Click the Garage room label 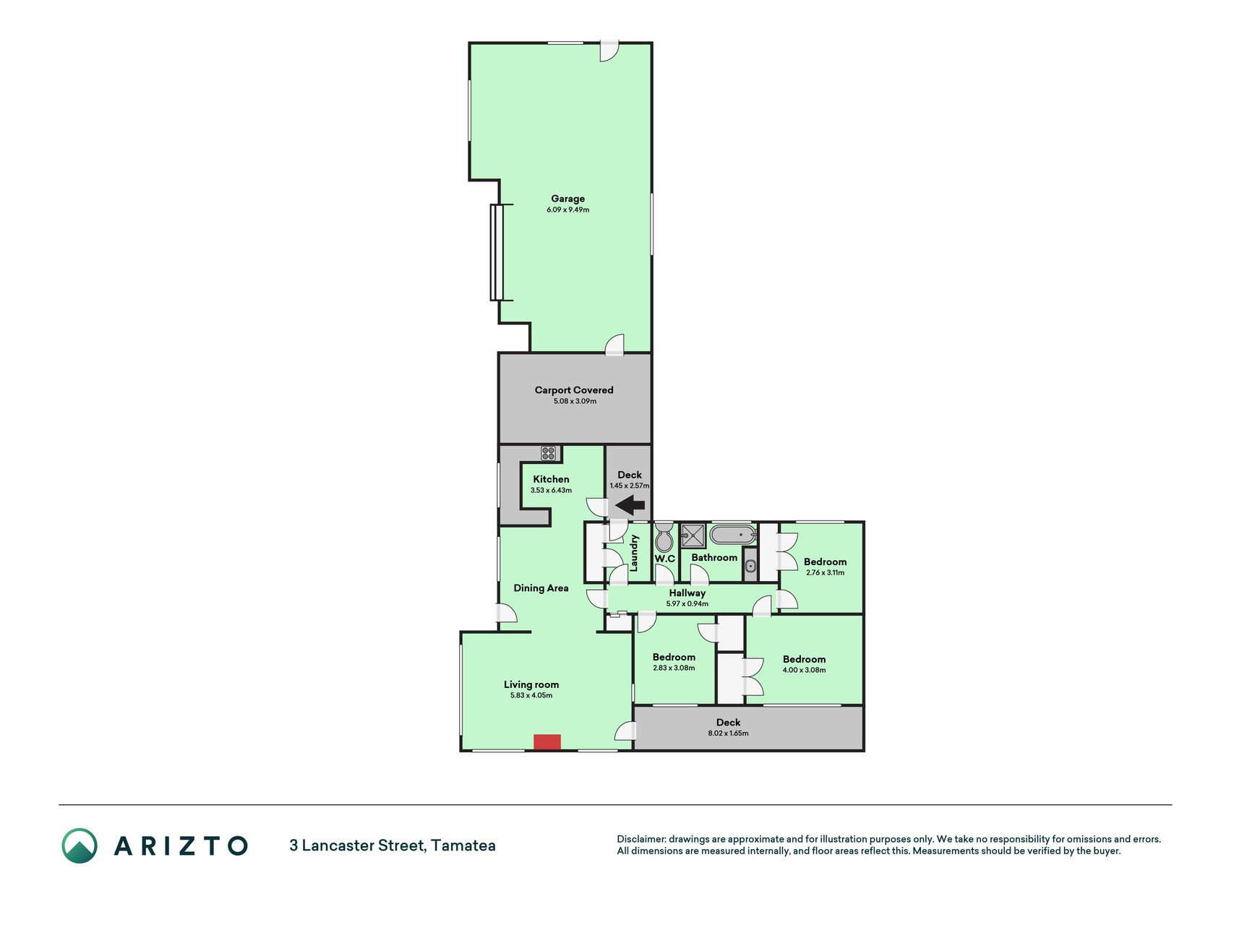[x=567, y=199]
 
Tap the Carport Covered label [x=574, y=390]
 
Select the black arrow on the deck [x=630, y=505]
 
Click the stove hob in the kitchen [x=549, y=454]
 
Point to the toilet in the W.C [x=664, y=538]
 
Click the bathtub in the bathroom [x=733, y=535]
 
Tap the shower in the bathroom [x=693, y=535]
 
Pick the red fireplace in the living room [x=547, y=742]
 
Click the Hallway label [x=687, y=593]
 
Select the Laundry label [x=635, y=553]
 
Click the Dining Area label [x=541, y=588]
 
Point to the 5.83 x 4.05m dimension [x=531, y=696]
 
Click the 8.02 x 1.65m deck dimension [x=728, y=733]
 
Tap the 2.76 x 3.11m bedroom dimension [x=825, y=573]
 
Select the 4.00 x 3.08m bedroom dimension [x=804, y=670]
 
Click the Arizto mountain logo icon [x=80, y=846]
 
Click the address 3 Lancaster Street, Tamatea [x=393, y=846]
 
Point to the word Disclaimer [x=640, y=840]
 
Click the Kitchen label [x=551, y=479]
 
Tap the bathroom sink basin [x=750, y=566]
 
